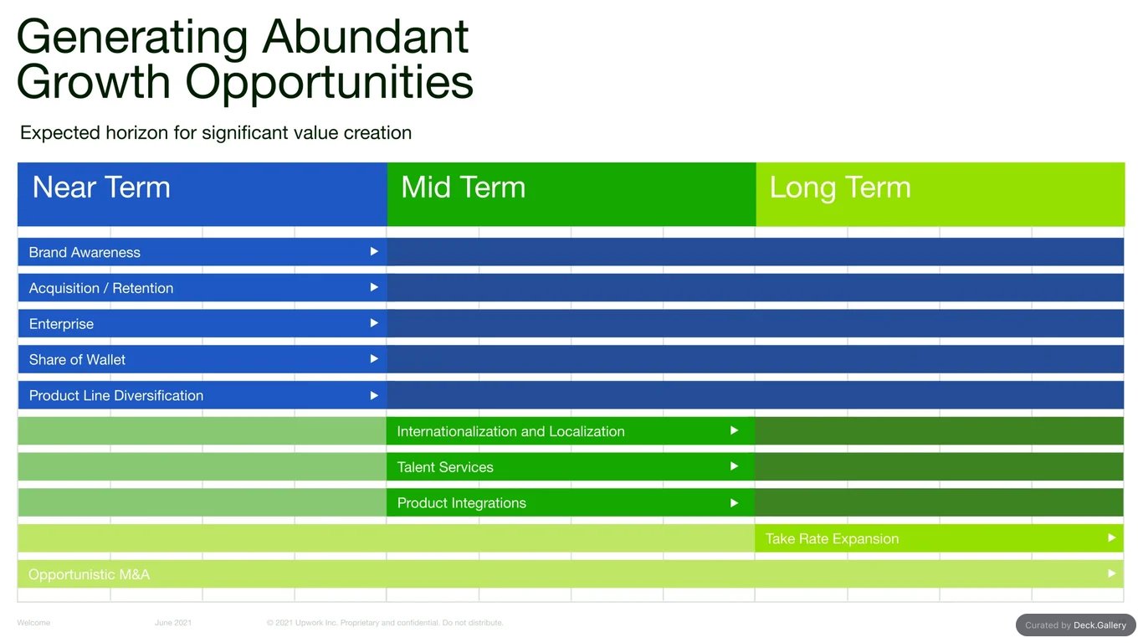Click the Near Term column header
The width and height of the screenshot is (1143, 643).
[x=101, y=187]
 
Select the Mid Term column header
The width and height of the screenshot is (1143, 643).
[x=463, y=187]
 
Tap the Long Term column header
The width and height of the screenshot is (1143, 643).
[x=840, y=188]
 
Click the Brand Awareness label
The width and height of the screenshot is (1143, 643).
[x=85, y=252]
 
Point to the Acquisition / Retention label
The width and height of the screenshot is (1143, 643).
[x=101, y=288]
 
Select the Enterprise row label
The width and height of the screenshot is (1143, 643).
[x=61, y=324]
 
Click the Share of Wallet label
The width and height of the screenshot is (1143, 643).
[x=77, y=359]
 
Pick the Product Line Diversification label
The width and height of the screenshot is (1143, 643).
[x=116, y=395]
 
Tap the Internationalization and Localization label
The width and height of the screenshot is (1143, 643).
[x=510, y=431]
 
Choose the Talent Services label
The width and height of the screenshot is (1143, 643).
[x=445, y=467]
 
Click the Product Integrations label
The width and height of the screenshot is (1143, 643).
[x=461, y=502]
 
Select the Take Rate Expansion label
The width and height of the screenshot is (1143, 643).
[x=832, y=539]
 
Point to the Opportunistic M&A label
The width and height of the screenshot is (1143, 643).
[x=89, y=574]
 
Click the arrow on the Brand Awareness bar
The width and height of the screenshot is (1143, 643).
[x=374, y=251]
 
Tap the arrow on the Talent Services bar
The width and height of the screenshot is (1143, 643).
[x=735, y=466]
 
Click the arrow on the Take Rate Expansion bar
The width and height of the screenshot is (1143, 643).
[x=1111, y=538]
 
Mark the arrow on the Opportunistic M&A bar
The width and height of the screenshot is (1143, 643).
[x=1111, y=574]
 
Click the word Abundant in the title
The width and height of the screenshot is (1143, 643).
[x=366, y=37]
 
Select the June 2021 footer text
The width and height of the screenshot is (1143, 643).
[x=173, y=623]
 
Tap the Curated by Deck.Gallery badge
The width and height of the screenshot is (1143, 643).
[x=1076, y=625]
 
